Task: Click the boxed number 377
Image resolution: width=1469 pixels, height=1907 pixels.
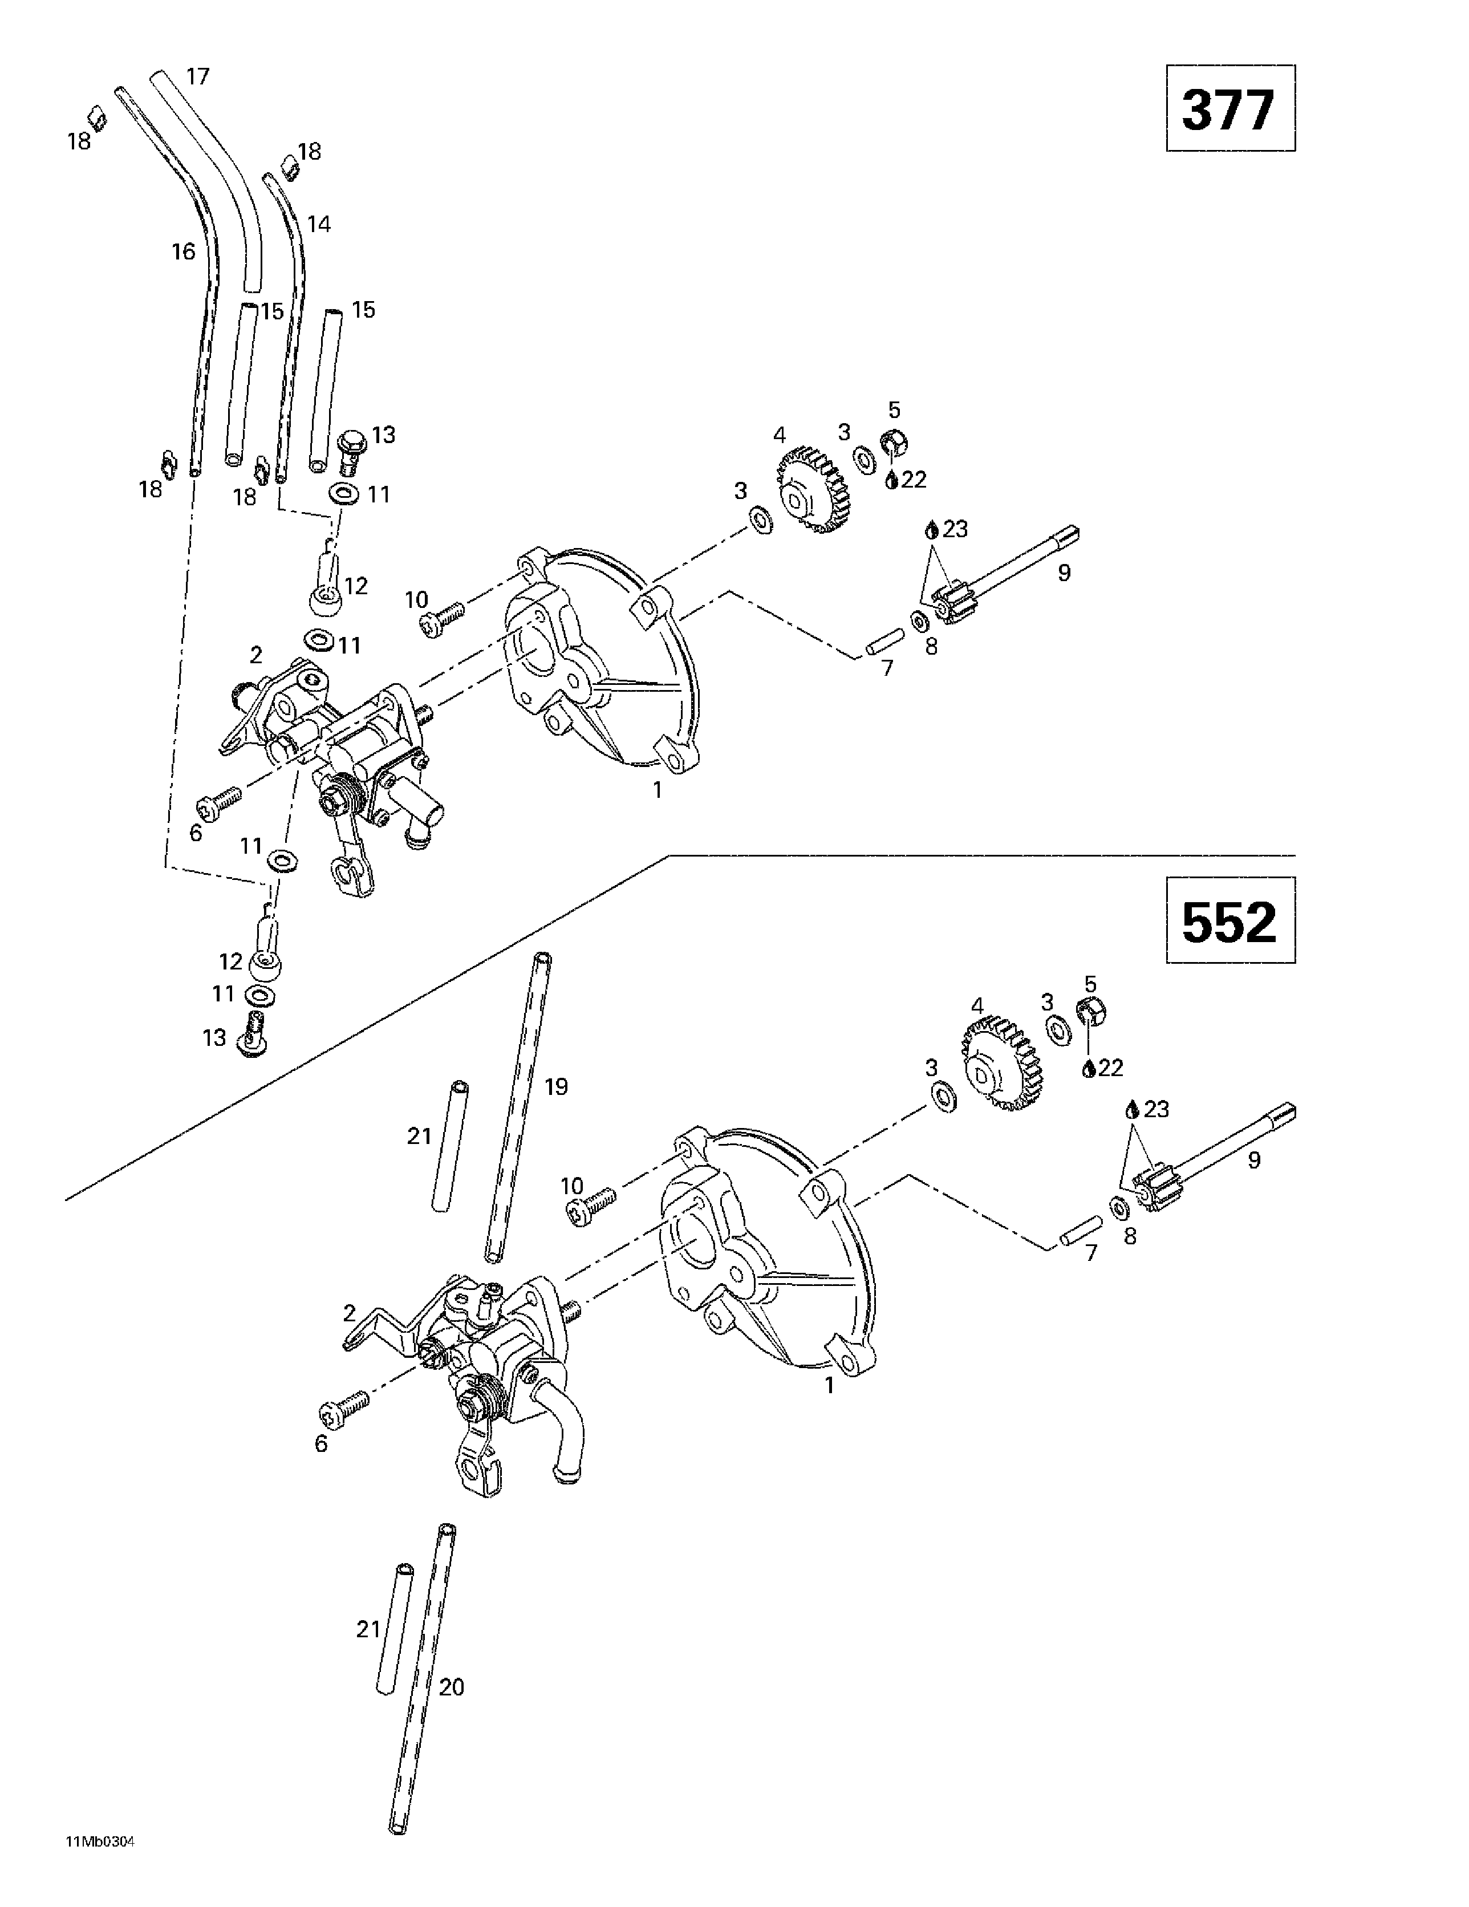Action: (1229, 108)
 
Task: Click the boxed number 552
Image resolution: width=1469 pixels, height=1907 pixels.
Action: (1229, 921)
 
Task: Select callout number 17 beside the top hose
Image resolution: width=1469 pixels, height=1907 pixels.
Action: (198, 77)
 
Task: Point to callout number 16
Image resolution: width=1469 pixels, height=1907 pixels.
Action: (184, 251)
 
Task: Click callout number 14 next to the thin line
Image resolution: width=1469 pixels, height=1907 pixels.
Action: (319, 225)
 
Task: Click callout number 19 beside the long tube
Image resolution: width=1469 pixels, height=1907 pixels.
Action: (557, 1086)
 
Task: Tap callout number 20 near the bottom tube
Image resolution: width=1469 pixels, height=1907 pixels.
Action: (452, 1687)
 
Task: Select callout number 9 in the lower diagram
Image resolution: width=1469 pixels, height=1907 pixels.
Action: (1254, 1161)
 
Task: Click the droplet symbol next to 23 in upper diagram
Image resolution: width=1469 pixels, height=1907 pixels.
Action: (932, 529)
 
